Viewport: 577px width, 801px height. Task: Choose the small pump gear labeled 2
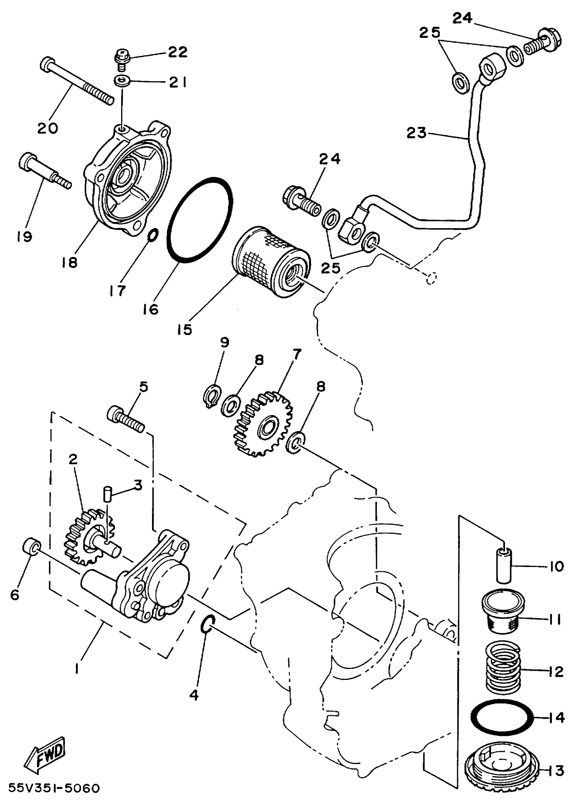click(88, 537)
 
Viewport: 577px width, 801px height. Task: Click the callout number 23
click(416, 134)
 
